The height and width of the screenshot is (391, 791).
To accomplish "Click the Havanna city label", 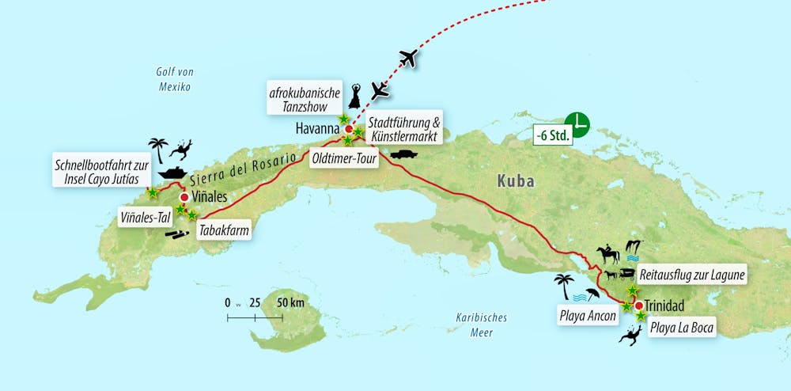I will click(x=316, y=128).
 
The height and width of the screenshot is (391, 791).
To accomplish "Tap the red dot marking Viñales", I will click(x=184, y=197).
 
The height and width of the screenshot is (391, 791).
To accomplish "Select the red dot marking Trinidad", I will click(x=638, y=304).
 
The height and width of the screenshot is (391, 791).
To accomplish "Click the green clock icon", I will click(x=581, y=123).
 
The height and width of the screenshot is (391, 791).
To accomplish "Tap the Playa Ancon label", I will click(x=588, y=317).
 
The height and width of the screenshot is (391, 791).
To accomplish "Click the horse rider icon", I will click(x=608, y=253).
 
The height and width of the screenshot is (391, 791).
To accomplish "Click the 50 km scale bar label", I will click(x=290, y=302).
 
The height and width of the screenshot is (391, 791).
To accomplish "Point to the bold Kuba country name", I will click(x=515, y=181).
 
